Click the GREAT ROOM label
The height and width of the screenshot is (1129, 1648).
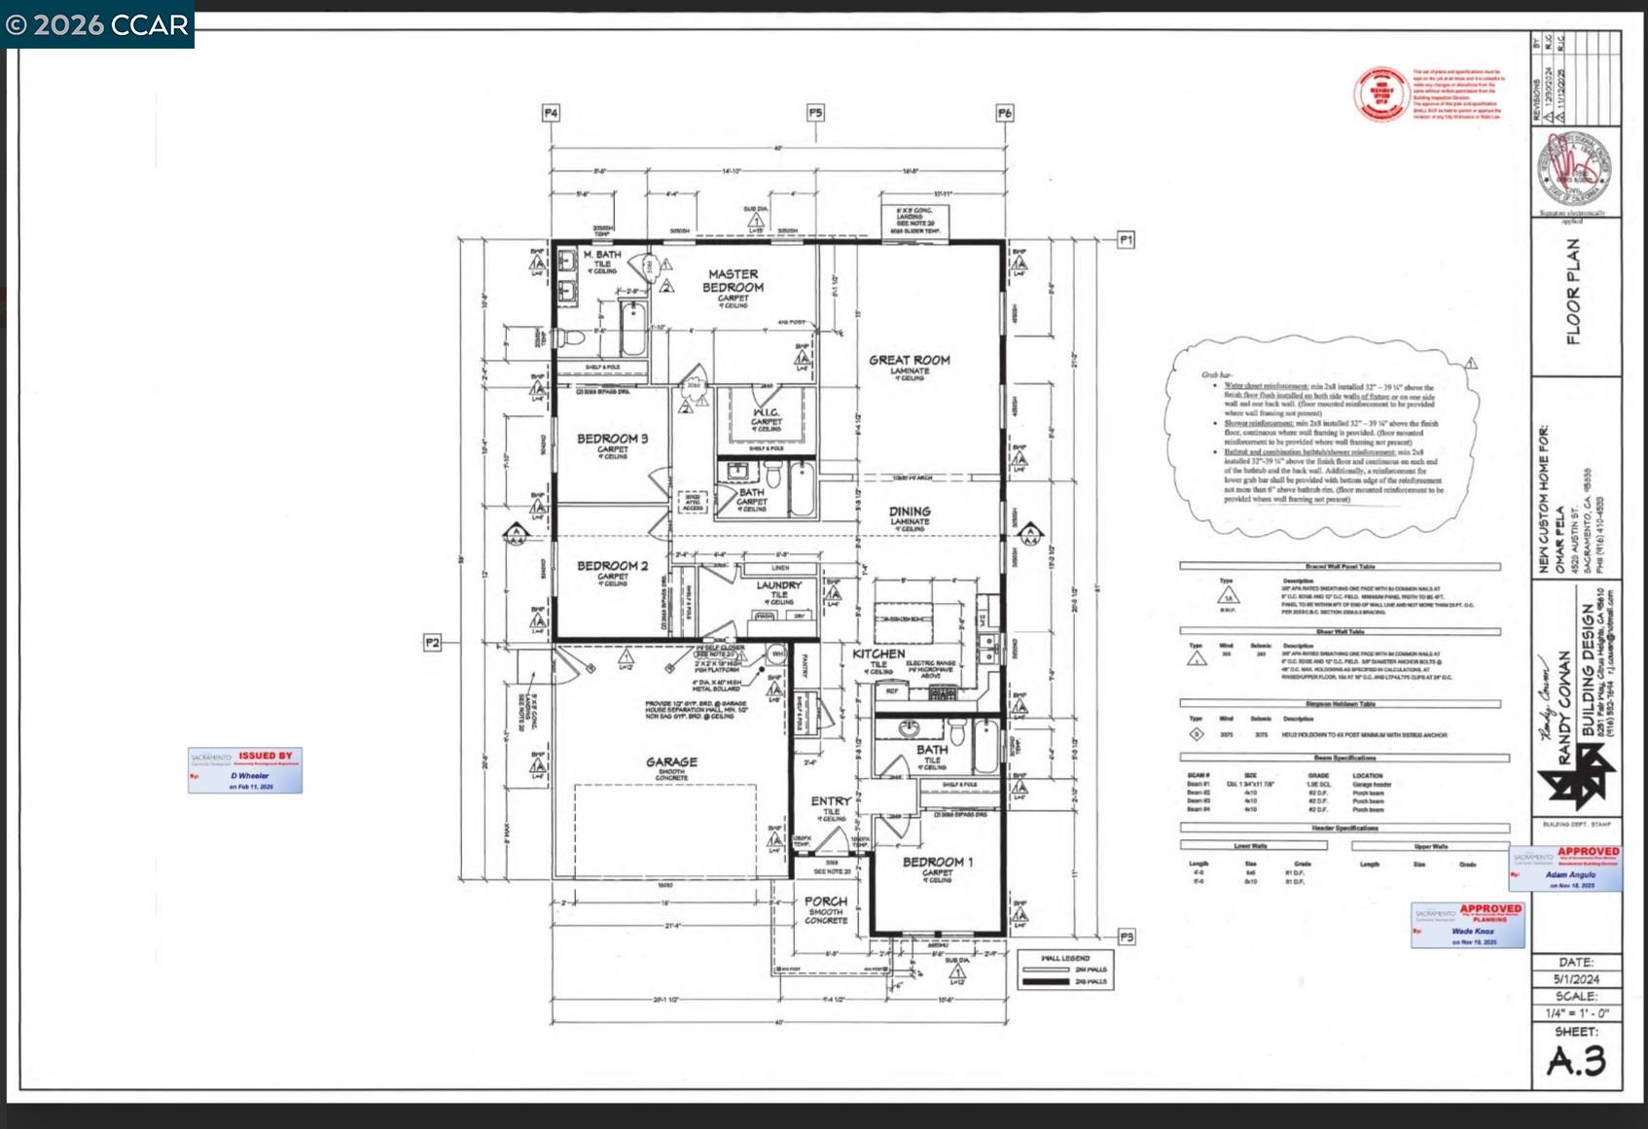tap(909, 360)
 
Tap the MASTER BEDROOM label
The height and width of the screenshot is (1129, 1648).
tap(733, 281)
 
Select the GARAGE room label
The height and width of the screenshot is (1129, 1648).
tap(671, 762)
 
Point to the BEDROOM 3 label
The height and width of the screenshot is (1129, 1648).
tap(612, 439)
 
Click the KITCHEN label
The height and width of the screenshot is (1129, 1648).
tap(878, 653)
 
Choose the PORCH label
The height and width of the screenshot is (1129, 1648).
tap(825, 901)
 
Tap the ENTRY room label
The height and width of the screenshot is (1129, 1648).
tap(831, 800)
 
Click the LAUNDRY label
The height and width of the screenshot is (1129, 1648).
tap(779, 585)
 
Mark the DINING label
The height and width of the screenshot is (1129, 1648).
tap(910, 512)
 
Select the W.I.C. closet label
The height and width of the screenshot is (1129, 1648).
tap(767, 412)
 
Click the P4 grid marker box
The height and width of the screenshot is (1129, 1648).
tap(551, 113)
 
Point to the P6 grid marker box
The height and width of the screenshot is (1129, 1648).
tap(1004, 113)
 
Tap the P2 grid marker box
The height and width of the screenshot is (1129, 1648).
tap(433, 642)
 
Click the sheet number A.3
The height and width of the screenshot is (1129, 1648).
tap(1576, 1061)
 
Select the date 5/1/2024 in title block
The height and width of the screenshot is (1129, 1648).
tap(1576, 979)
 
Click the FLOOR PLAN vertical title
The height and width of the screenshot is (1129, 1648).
tap(1573, 292)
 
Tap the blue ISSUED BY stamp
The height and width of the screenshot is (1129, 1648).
tap(245, 769)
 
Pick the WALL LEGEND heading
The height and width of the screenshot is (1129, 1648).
tap(1065, 958)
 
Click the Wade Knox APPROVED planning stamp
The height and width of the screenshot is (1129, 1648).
tap(1468, 925)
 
